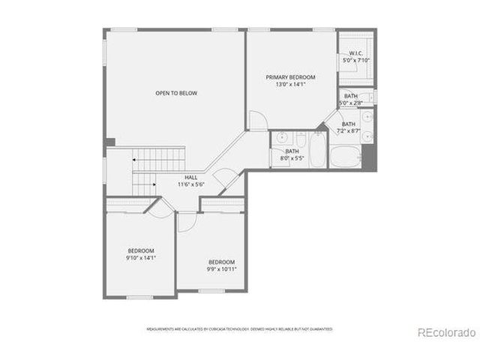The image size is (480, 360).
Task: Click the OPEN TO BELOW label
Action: pos(176,93)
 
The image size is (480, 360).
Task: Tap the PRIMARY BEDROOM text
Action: pos(290,77)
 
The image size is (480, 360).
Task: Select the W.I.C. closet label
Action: pos(352,53)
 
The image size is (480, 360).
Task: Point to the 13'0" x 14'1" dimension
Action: pos(290,85)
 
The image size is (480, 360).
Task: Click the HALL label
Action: pos(191,177)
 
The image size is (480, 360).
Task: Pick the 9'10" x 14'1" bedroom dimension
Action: pos(140,257)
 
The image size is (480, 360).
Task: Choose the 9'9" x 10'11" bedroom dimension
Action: pos(222,268)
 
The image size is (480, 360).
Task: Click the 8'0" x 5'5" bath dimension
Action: pos(292,158)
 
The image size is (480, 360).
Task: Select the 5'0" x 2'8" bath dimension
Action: pos(351,103)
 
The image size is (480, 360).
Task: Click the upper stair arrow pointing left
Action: pos(135,159)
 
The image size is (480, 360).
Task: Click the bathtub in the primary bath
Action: pos(346,158)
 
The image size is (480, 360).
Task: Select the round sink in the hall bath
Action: pos(281,137)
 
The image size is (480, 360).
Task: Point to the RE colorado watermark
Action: pos(445,332)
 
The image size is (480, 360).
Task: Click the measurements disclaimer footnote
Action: pos(238,328)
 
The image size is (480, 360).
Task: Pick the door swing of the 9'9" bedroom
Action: pos(188,218)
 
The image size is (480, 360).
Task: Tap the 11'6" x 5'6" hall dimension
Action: pos(191,184)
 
